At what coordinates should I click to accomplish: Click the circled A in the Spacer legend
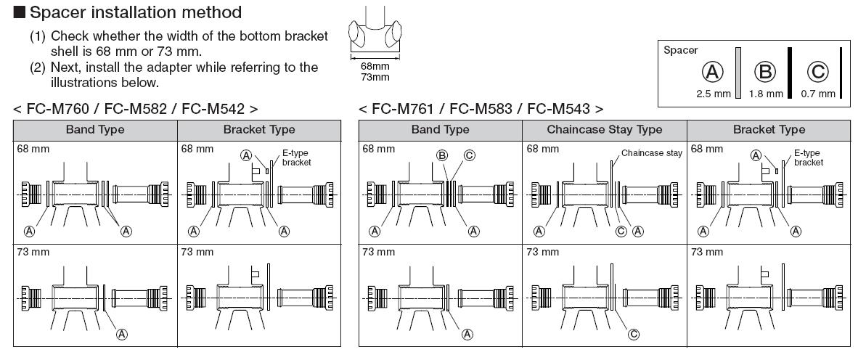(x=714, y=73)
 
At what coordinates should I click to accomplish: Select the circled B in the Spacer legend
(x=767, y=73)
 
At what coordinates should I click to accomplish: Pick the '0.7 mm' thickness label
(x=817, y=94)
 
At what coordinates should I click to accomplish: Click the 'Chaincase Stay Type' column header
(x=604, y=130)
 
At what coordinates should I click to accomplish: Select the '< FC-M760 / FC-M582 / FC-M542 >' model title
(x=136, y=109)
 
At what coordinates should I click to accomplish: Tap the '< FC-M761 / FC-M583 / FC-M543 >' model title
(x=481, y=109)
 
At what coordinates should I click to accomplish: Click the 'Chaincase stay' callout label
(x=651, y=153)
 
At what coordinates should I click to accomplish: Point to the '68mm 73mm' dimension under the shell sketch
(x=375, y=71)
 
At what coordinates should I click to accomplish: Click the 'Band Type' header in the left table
(x=95, y=130)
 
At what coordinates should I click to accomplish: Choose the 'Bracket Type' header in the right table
(x=769, y=130)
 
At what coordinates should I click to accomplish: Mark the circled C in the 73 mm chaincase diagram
(x=633, y=334)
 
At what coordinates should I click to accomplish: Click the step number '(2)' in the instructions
(x=38, y=67)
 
